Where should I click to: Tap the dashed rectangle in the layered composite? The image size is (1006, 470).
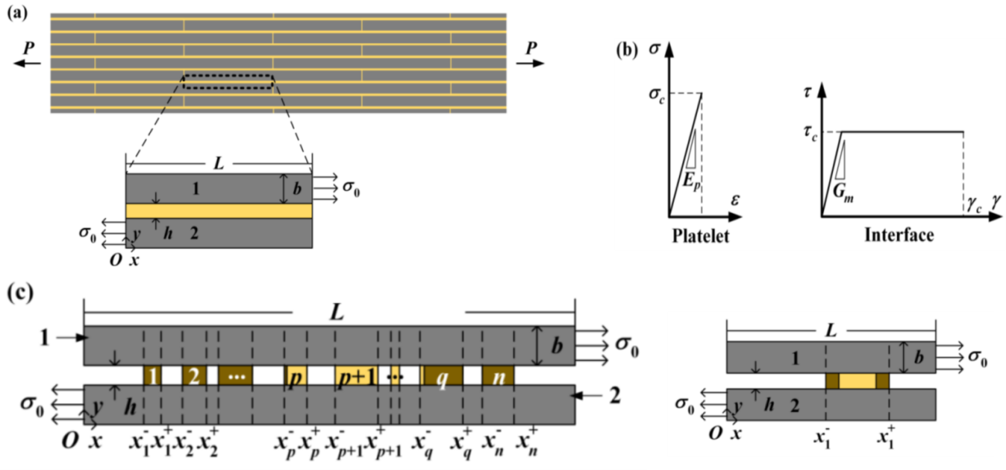(228, 81)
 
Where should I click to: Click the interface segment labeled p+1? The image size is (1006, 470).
(359, 376)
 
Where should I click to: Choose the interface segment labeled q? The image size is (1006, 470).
(442, 376)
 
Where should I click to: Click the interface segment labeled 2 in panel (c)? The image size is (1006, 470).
(192, 376)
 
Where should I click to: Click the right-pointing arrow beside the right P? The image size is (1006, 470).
(529, 64)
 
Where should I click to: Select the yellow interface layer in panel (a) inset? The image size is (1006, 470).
(219, 210)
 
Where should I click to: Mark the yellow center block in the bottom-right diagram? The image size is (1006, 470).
(858, 381)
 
